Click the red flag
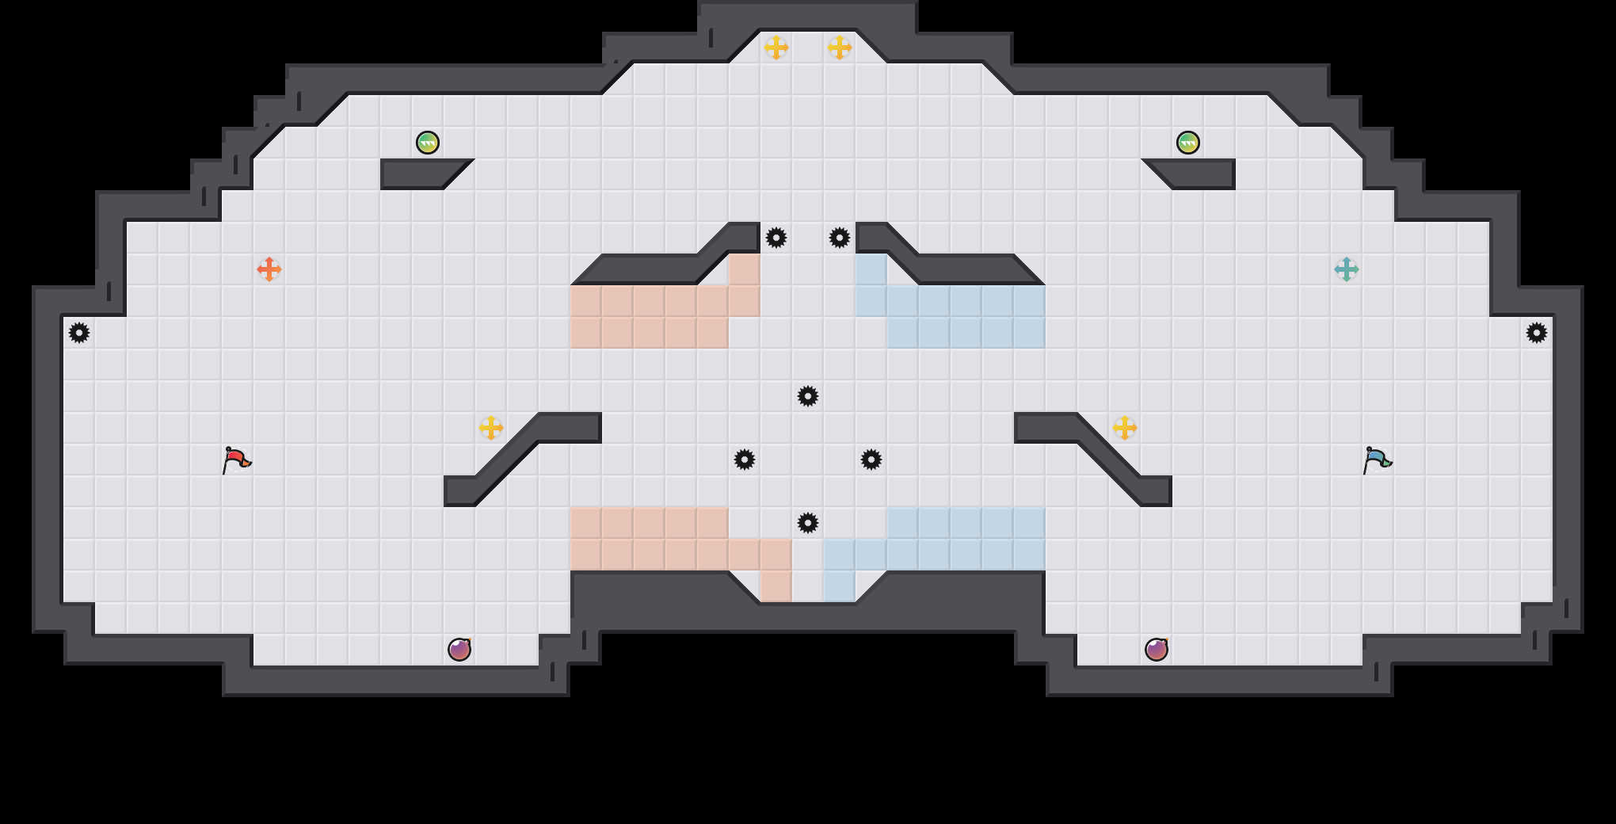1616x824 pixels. [236, 460]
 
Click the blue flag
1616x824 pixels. [1377, 460]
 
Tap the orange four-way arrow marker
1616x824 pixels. [269, 269]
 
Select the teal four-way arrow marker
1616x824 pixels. [1347, 269]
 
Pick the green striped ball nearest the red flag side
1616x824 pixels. [428, 143]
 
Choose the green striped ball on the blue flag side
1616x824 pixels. [1188, 143]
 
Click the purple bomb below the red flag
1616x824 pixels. [459, 650]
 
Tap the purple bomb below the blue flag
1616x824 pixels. [1157, 650]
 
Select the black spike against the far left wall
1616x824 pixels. [79, 333]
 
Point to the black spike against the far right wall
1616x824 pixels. [1537, 333]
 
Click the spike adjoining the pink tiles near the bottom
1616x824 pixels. [808, 523]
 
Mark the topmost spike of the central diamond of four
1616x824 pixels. [808, 396]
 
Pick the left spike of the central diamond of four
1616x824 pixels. [745, 460]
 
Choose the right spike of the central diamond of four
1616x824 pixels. [871, 460]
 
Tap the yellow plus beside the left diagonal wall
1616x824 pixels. [491, 428]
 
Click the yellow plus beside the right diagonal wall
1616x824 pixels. [1125, 428]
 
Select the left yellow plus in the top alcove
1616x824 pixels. [776, 48]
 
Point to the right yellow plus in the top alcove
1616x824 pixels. [840, 48]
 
